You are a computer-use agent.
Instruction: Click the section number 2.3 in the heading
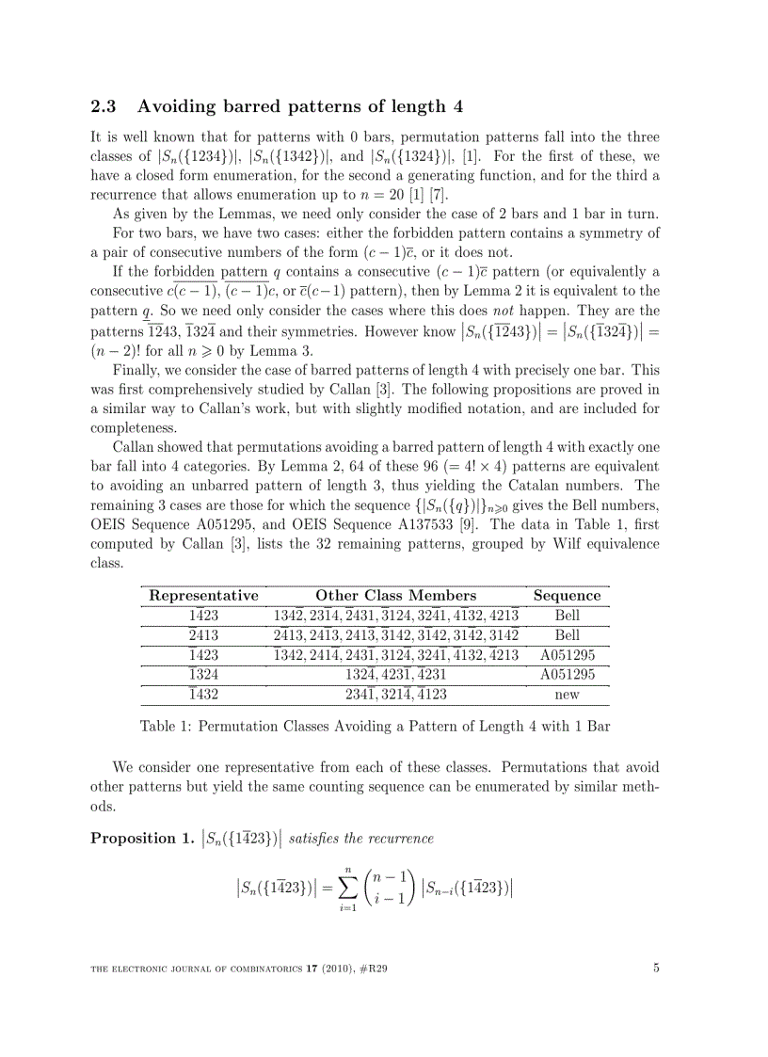pos(103,105)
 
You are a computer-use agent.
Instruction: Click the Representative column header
pos(203,595)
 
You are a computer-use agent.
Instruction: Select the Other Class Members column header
pos(395,595)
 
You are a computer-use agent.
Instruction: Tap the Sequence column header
pos(567,595)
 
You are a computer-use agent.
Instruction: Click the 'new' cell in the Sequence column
pos(567,695)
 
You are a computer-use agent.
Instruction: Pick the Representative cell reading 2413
pos(203,635)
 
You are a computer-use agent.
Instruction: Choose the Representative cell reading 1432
pos(203,695)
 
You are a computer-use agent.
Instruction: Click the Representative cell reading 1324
pos(203,675)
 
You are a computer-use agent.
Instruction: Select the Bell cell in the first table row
pos(567,616)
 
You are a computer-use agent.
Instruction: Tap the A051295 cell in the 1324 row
pos(567,675)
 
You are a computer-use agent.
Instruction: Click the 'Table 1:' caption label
pos(165,726)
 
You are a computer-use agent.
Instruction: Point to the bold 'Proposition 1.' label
pos(141,838)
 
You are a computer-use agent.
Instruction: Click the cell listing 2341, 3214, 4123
pos(395,695)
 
